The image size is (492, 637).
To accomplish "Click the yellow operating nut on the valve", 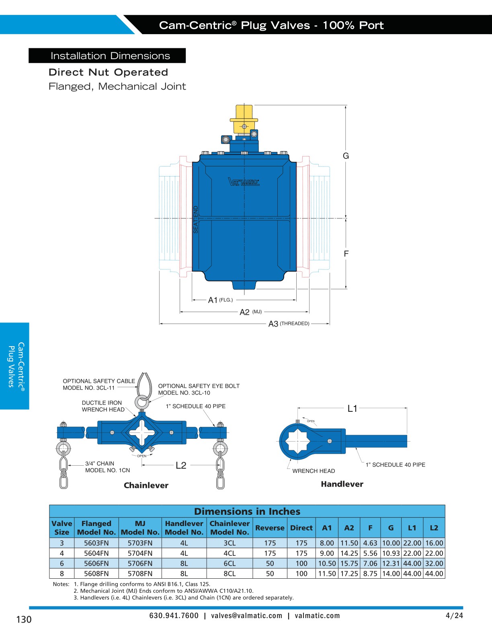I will (244, 118).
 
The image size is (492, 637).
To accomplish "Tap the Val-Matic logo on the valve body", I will (244, 182).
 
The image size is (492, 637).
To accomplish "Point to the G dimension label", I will (346, 156).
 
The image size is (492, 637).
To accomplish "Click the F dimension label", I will (346, 254).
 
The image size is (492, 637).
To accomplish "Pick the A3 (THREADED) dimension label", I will (289, 324).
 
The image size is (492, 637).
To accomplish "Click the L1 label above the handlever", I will (352, 409).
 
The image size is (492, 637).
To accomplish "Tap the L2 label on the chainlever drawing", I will (181, 465).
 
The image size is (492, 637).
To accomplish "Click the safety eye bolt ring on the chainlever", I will (141, 402).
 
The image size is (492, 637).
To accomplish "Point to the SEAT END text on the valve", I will (196, 220).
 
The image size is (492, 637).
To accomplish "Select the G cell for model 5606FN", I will (391, 563).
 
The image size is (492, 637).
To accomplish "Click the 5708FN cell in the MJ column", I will (140, 573).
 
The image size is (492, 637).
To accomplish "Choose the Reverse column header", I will (270, 528).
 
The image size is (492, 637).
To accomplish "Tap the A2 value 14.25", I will (349, 553).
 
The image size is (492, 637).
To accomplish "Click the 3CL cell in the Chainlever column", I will (230, 543).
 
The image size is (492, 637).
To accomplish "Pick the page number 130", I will (24, 619).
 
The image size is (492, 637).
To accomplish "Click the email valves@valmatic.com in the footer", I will (246, 616).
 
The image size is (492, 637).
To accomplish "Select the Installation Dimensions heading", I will (110, 56).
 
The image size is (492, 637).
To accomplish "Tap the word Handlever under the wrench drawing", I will (342, 484).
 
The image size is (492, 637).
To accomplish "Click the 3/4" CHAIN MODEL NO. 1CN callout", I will (107, 467).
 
